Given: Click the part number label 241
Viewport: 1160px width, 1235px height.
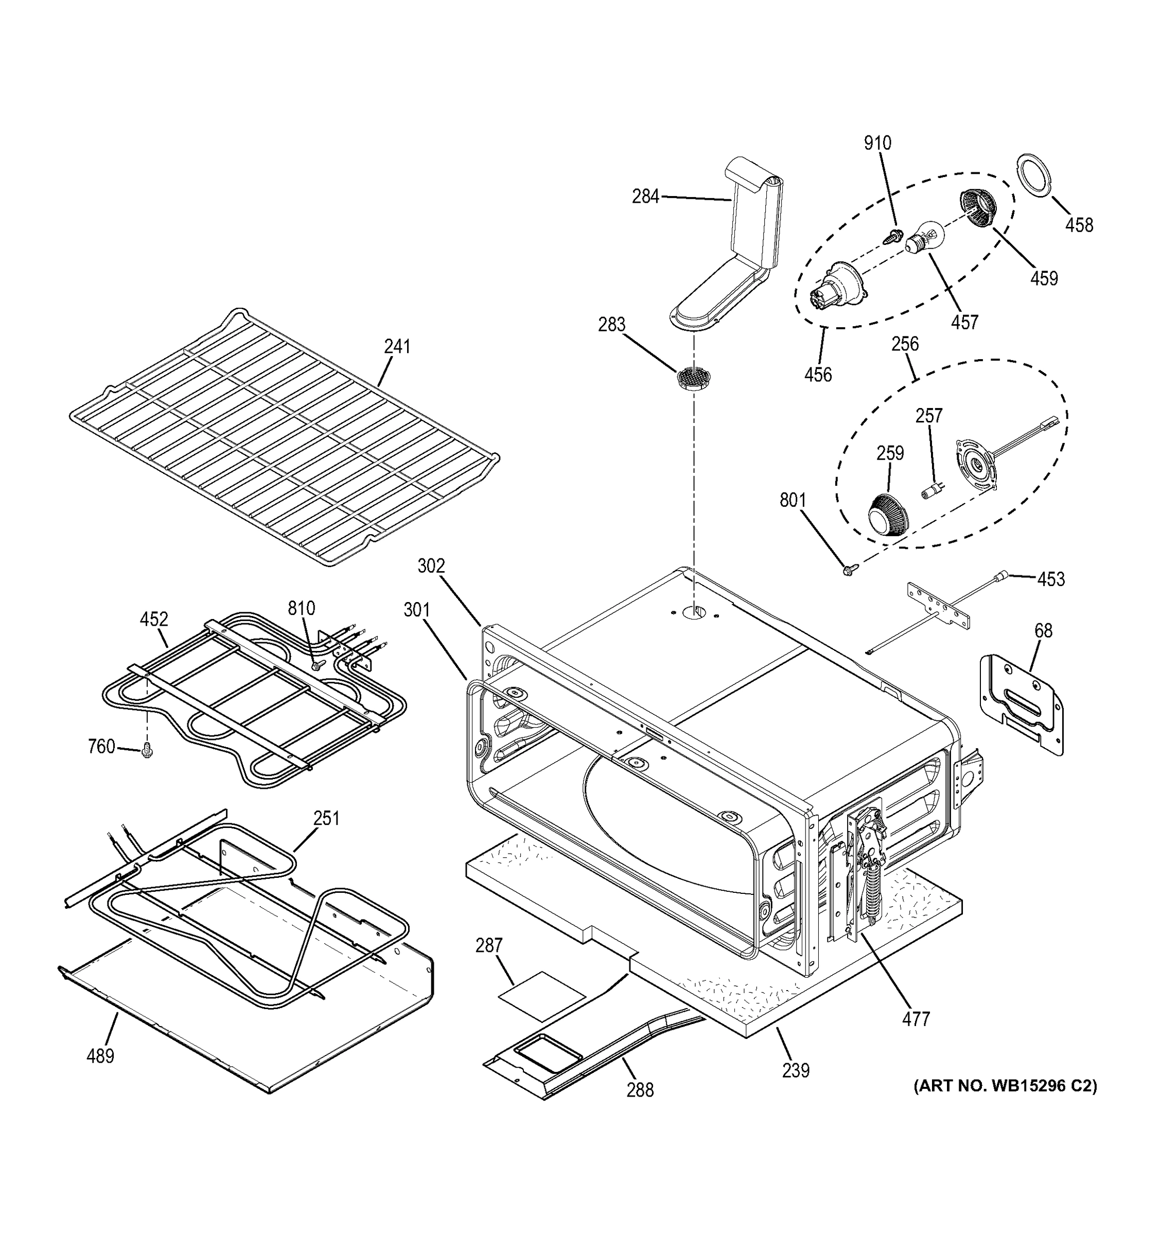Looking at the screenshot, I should pyautogui.click(x=397, y=347).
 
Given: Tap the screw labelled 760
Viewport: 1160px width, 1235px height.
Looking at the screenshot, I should pyautogui.click(x=147, y=750).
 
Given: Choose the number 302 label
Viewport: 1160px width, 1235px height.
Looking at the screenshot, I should pyautogui.click(x=431, y=566).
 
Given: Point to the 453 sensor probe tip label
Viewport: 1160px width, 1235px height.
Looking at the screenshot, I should pyautogui.click(x=1051, y=579).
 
